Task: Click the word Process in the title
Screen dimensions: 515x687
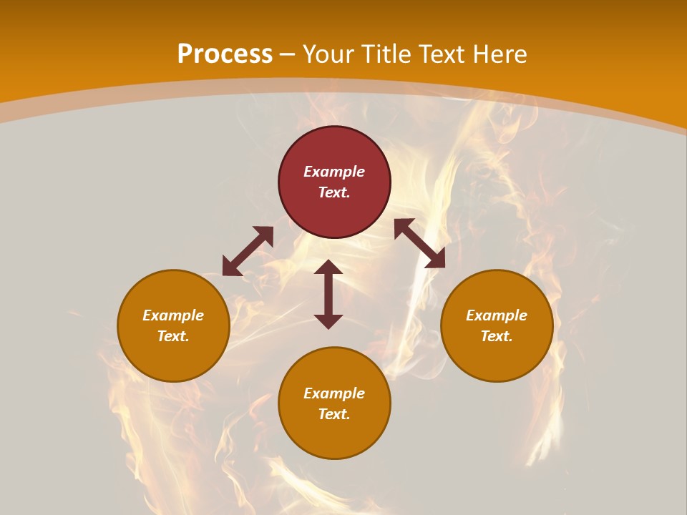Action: pos(225,54)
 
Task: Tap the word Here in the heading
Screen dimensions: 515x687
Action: pos(497,54)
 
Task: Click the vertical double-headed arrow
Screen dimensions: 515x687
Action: pos(328,294)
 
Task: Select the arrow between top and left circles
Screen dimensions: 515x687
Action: pos(248,251)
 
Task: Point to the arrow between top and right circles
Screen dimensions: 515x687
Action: pos(419,243)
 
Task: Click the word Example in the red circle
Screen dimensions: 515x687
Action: pos(334,172)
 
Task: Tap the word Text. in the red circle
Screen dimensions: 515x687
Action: pos(334,192)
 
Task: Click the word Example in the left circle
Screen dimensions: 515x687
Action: pos(173,315)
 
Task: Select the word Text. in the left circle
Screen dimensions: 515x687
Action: pos(173,336)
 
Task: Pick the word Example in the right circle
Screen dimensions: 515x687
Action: pos(497,315)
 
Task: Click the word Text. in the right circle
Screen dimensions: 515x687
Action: pos(497,336)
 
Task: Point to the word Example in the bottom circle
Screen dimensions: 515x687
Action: pos(334,393)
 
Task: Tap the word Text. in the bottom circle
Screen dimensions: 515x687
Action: pos(334,414)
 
